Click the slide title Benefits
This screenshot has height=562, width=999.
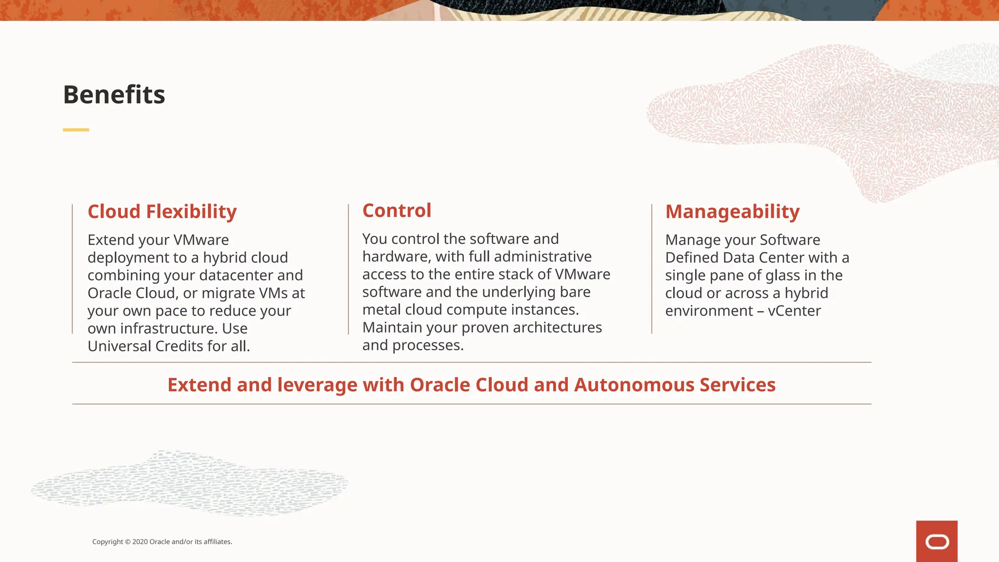click(114, 95)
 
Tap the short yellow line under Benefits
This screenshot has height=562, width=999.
click(76, 130)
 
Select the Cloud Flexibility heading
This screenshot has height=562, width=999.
click(162, 212)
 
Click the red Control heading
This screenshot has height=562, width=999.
click(397, 211)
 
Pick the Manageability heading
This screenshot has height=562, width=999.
click(732, 212)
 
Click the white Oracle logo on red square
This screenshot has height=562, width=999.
click(937, 542)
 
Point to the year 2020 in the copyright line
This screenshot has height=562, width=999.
click(140, 542)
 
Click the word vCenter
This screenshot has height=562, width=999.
click(794, 311)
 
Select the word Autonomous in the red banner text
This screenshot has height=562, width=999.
click(634, 385)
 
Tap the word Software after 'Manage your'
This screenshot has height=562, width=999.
click(790, 240)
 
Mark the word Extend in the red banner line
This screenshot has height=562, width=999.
click(199, 385)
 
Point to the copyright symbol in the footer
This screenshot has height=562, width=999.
click(128, 542)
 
